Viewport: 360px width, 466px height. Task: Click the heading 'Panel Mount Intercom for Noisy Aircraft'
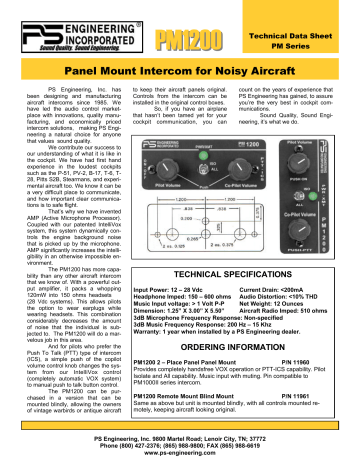[179, 72]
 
